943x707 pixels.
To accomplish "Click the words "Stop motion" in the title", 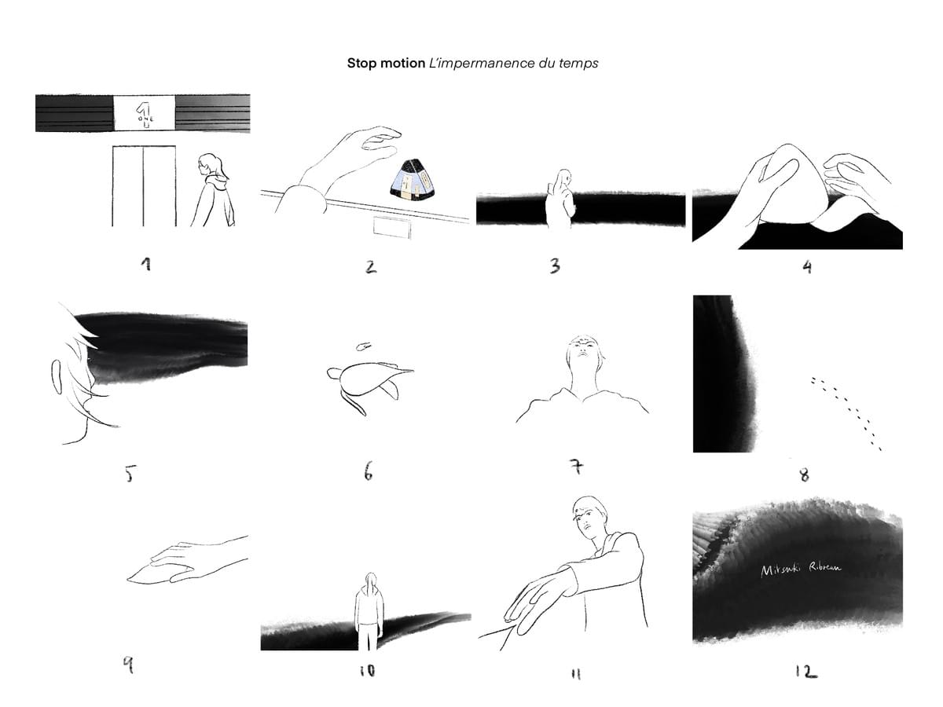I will coord(386,63).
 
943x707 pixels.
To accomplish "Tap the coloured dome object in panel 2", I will coord(412,180).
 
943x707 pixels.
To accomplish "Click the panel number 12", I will coord(805,671).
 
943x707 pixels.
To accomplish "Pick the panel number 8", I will coord(804,474).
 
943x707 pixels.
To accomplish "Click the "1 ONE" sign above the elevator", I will coord(144,112).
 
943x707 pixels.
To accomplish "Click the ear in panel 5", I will coord(57,377).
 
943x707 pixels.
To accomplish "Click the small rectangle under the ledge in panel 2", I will coord(391,227).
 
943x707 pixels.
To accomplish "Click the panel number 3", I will coord(555,266).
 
